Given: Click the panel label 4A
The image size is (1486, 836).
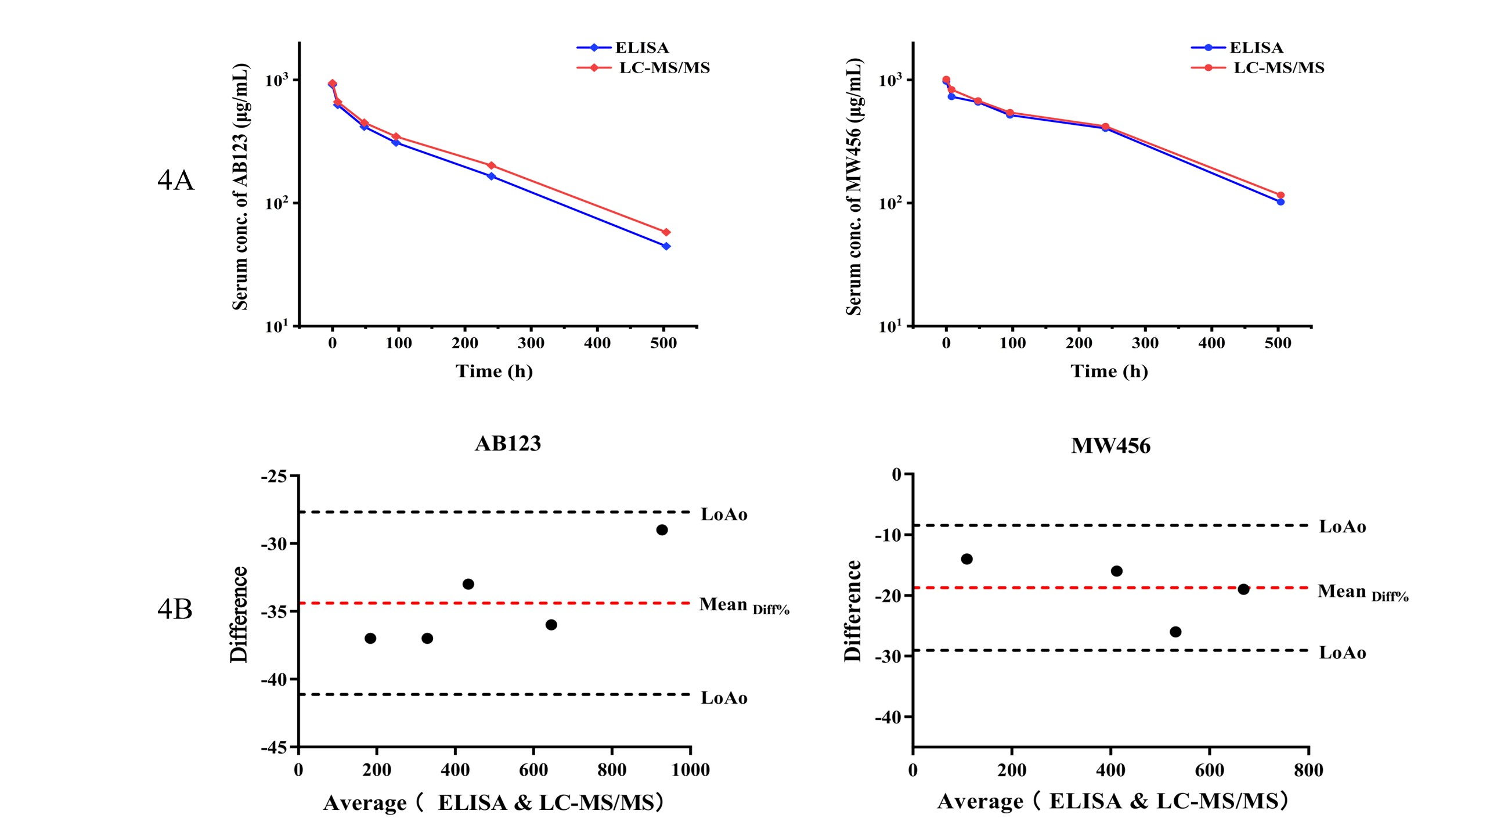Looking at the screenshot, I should click(x=175, y=181).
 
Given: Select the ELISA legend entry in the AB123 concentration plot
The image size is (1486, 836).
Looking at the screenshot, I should click(x=641, y=48).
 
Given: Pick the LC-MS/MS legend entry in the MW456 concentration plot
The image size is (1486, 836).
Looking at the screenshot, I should click(x=1278, y=68).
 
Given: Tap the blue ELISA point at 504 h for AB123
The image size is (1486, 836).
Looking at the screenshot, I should click(x=666, y=246).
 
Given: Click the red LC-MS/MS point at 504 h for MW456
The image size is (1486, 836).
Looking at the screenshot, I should click(x=1281, y=196).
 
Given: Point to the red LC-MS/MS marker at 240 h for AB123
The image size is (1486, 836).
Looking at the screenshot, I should click(x=491, y=166).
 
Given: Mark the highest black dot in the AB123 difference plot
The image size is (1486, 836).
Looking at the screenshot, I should click(x=662, y=530).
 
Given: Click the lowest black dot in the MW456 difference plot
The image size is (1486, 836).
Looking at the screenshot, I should click(x=1175, y=632).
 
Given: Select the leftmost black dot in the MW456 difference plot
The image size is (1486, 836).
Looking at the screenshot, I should click(x=966, y=559).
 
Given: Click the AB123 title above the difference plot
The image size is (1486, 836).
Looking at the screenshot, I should click(x=508, y=444).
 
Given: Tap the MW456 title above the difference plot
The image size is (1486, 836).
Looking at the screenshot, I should click(x=1110, y=446).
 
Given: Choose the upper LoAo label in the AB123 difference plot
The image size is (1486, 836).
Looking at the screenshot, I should click(x=724, y=514).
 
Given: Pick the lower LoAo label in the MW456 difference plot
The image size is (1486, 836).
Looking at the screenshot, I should click(x=1342, y=653).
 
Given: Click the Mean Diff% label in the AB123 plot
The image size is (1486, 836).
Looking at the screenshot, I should click(x=744, y=605).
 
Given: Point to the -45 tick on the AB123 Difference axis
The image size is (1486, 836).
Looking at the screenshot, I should click(x=274, y=748).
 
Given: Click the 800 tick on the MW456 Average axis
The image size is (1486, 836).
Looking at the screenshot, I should click(x=1308, y=770).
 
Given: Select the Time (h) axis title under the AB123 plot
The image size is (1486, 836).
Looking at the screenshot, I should click(x=494, y=371).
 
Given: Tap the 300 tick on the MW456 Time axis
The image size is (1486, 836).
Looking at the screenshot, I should click(x=1145, y=343).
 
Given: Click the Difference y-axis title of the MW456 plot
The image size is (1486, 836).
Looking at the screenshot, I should click(x=852, y=611).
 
